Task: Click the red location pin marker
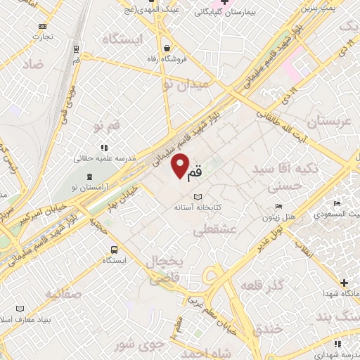[181, 165]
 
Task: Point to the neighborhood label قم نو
[107, 127]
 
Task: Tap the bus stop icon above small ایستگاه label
[113, 250]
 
